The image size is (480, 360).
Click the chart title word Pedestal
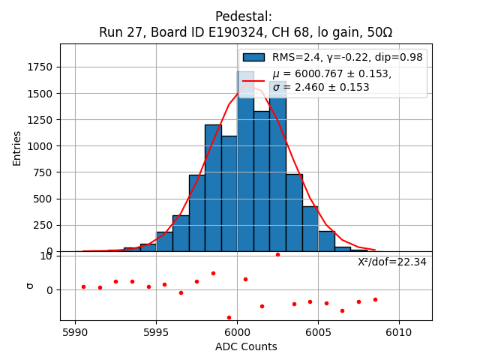coord(244,16)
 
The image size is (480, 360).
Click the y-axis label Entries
coord(17,147)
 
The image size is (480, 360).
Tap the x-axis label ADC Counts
coord(246,346)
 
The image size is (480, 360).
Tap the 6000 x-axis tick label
coord(237,331)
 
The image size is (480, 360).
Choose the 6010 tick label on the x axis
coord(399,331)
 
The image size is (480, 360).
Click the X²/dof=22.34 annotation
coord(392,262)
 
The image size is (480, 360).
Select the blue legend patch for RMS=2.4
coord(253,58)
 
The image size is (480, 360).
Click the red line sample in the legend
coord(253,80)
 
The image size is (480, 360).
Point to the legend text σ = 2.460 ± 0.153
coord(331,87)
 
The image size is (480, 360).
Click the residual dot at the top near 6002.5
coord(277,254)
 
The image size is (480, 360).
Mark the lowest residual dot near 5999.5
coord(229,317)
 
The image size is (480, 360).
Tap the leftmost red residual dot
coord(83,286)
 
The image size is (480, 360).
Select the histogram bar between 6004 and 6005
coord(310,229)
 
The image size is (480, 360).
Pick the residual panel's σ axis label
coord(30,285)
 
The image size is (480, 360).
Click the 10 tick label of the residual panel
coord(46,256)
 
